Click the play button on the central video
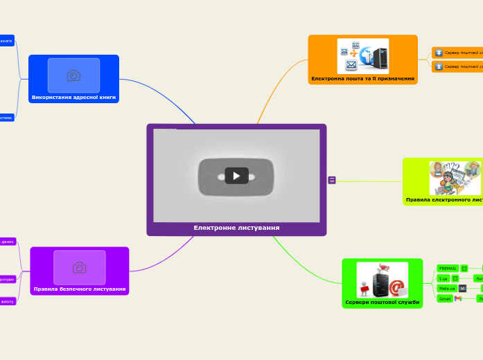[236, 176]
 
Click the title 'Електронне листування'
[236, 228]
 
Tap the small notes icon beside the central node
[332, 180]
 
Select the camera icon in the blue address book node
[73, 75]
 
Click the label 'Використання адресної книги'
[73, 98]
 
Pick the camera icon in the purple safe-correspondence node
[80, 267]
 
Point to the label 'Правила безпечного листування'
[80, 289]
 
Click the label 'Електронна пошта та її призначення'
[362, 79]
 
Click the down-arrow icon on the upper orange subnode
[439, 53]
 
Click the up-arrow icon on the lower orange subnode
[439, 66]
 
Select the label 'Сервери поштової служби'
[382, 303]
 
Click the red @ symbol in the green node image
[396, 287]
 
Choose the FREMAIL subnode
[448, 268]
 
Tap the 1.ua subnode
[444, 278]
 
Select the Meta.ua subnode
[447, 288]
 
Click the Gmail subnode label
[445, 298]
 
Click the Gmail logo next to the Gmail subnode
[458, 298]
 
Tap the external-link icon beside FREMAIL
[464, 268]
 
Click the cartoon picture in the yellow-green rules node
[455, 177]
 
